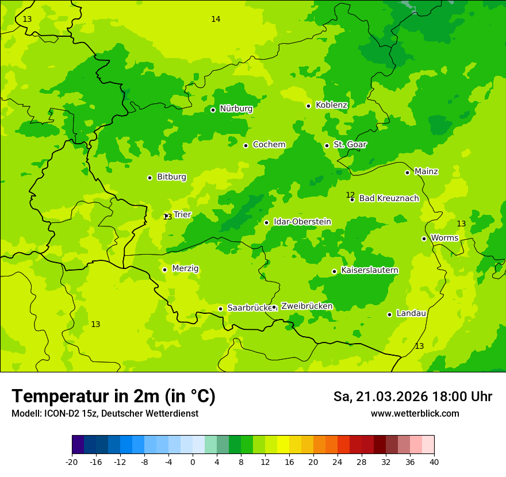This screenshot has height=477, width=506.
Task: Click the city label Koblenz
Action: tap(331, 105)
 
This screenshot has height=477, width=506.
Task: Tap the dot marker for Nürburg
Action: tap(213, 110)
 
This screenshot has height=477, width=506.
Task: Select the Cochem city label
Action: tap(269, 145)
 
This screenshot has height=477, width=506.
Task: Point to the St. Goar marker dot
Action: tap(327, 145)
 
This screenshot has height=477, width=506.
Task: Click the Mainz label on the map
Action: tap(426, 172)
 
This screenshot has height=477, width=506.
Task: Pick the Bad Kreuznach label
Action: tap(389, 198)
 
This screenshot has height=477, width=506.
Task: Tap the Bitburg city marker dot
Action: tap(149, 178)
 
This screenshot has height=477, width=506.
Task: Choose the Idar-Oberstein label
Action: tap(302, 222)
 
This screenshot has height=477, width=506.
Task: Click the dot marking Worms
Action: tap(424, 238)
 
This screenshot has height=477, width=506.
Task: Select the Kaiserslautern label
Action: tap(370, 270)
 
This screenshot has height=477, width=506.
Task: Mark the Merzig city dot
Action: tap(164, 270)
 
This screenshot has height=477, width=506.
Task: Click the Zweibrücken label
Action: tap(306, 306)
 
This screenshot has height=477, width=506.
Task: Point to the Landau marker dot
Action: tap(389, 314)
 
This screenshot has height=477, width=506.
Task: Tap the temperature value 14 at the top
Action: tap(216, 19)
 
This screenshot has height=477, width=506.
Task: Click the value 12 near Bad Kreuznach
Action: tap(350, 195)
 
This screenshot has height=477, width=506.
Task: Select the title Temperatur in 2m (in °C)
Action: tap(113, 396)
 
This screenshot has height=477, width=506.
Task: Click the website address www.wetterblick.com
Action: tap(415, 414)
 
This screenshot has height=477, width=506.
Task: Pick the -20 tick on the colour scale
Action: tap(72, 462)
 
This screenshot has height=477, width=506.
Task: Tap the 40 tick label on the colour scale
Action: tap(434, 462)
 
